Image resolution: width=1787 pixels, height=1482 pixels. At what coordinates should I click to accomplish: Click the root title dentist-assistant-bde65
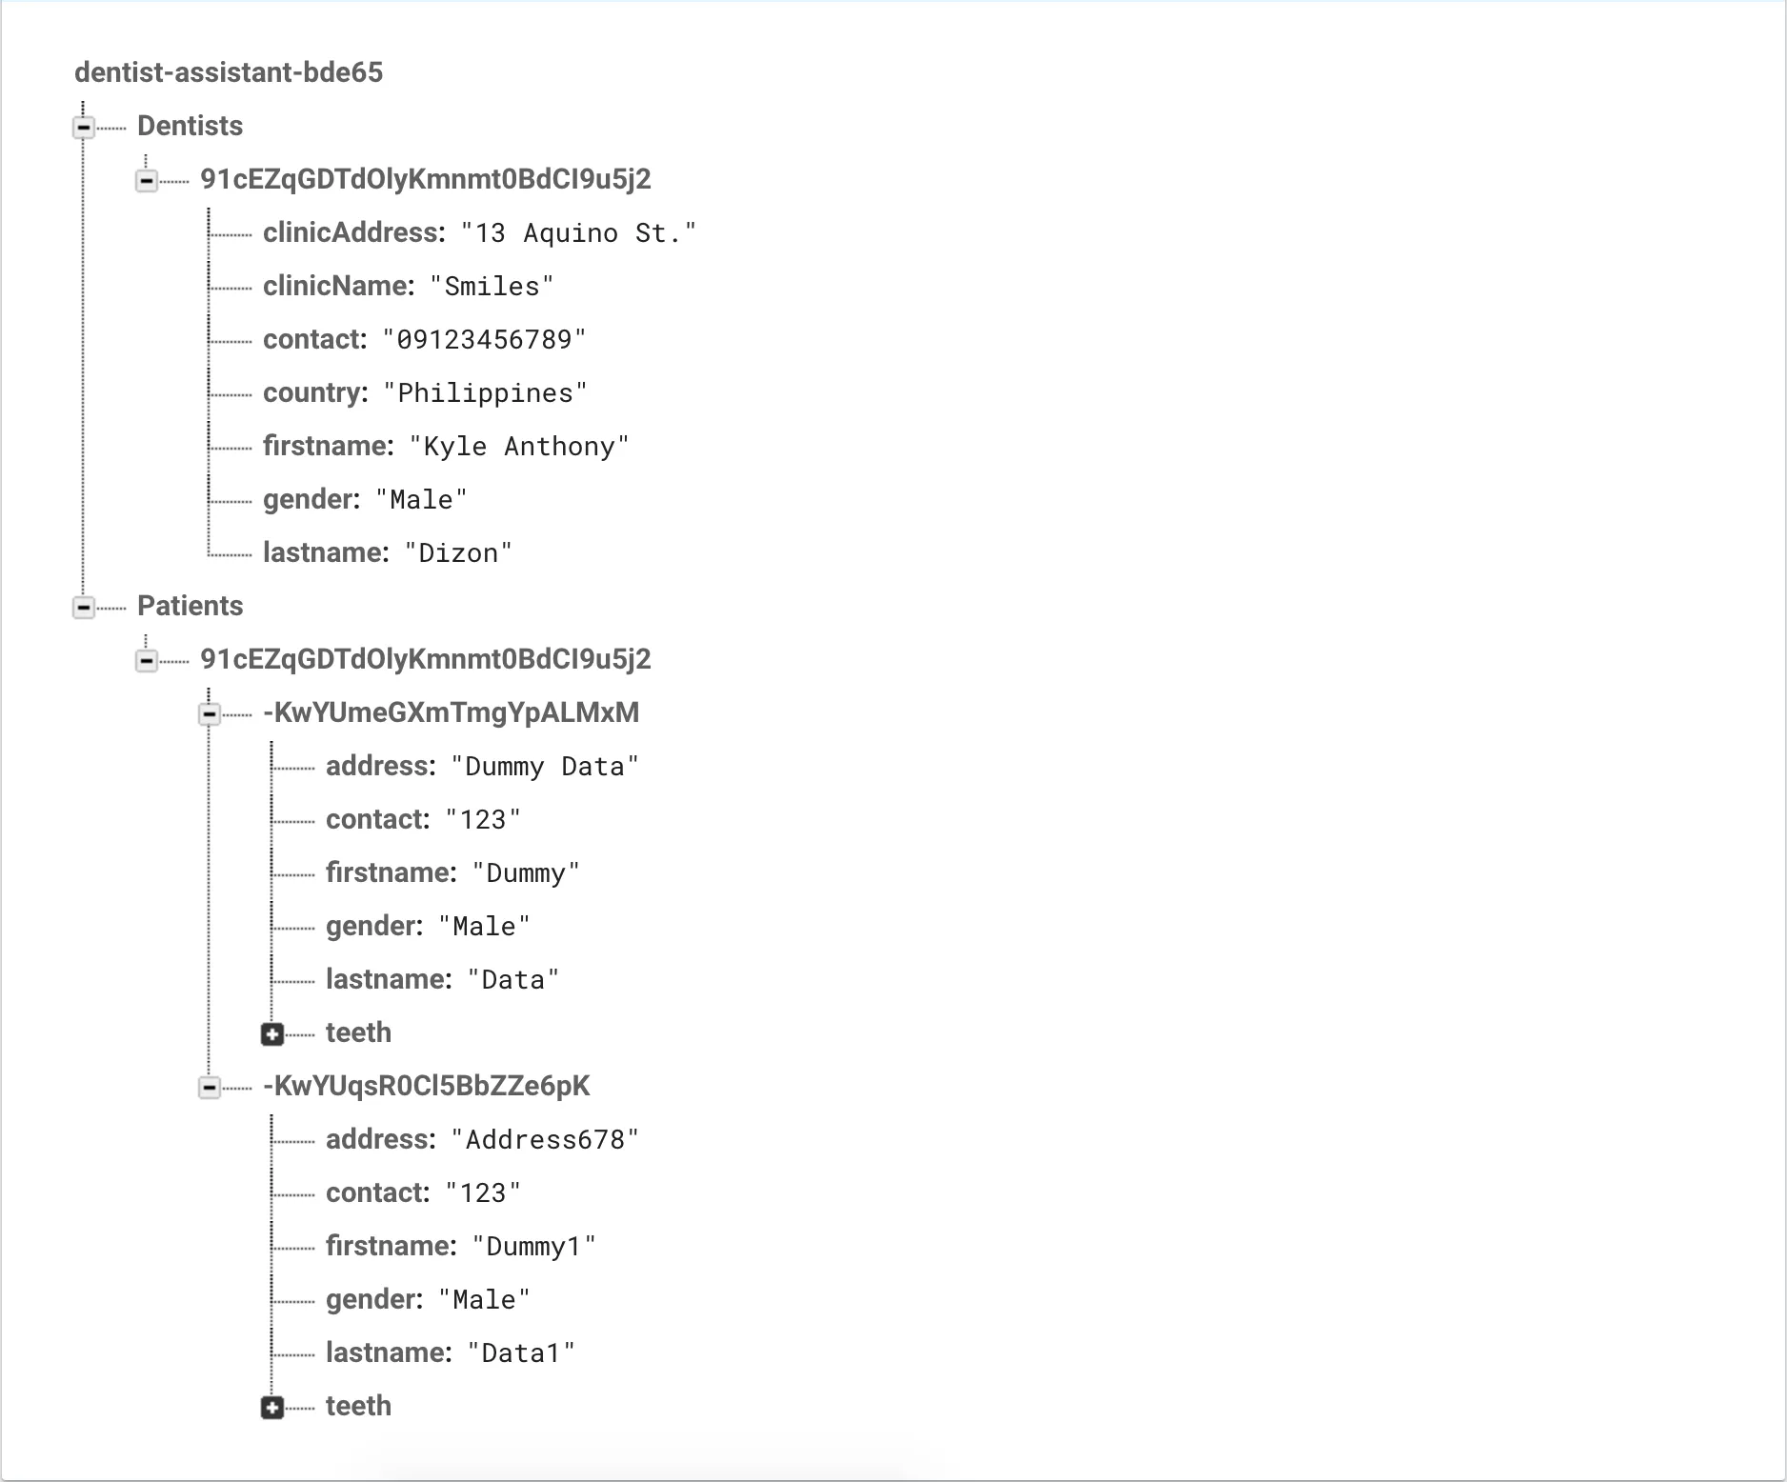[x=229, y=72]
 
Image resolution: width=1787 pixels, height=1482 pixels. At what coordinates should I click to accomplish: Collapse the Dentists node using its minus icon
[x=84, y=127]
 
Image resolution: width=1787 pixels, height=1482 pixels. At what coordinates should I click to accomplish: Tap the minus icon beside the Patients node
[x=84, y=607]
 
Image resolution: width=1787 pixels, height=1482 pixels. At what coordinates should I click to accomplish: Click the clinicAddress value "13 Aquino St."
[x=578, y=233]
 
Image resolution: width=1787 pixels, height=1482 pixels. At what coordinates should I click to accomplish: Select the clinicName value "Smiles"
[x=492, y=287]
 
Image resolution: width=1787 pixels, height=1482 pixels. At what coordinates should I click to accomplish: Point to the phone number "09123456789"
[x=484, y=340]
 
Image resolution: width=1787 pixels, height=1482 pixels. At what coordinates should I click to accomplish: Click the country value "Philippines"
[x=485, y=393]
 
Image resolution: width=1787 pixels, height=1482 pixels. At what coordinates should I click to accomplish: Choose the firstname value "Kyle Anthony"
[x=519, y=447]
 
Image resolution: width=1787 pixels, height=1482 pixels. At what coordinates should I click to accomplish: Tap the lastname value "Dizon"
[x=458, y=553]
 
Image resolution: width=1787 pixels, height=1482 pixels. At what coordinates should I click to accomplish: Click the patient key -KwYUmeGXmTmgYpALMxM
[x=451, y=712]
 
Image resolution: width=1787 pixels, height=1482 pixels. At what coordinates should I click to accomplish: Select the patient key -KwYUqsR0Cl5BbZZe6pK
[x=426, y=1086]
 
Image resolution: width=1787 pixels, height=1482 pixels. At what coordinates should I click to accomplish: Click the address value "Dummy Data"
[x=545, y=767]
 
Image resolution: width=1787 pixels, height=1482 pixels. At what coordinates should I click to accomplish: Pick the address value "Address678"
[x=545, y=1140]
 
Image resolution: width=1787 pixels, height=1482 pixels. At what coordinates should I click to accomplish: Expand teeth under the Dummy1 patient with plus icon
[x=272, y=1408]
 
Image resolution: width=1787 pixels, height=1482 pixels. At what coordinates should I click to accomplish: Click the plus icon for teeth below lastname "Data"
[x=272, y=1034]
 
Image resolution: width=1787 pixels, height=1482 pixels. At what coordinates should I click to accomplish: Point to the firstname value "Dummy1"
[x=533, y=1247]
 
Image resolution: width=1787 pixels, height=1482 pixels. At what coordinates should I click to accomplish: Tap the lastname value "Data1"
[x=521, y=1353]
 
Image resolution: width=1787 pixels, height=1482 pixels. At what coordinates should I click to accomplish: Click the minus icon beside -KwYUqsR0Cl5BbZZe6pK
[x=210, y=1087]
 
